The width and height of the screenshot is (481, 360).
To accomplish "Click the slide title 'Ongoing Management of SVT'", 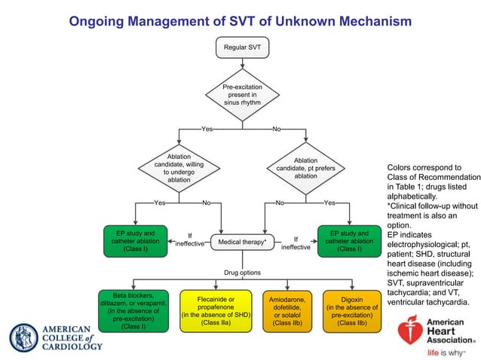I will click(240, 21).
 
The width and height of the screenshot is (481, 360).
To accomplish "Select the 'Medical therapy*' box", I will click(242, 243).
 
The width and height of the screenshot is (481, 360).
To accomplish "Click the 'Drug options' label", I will click(242, 272).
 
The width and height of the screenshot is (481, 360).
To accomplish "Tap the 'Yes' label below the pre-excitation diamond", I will click(207, 130).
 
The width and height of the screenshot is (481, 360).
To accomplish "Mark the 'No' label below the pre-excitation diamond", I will click(276, 130).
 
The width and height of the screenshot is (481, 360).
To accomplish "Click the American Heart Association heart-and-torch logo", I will click(410, 330).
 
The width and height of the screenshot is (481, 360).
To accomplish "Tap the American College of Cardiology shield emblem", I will click(22, 337).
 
